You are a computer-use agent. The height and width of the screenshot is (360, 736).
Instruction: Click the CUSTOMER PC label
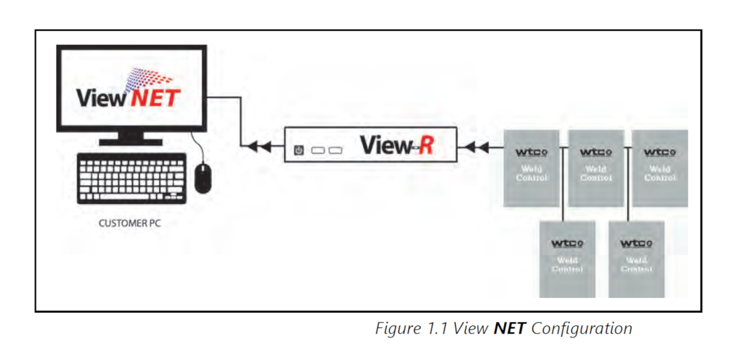[x=129, y=223]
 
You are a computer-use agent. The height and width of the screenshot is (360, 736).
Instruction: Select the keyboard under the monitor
[x=131, y=178]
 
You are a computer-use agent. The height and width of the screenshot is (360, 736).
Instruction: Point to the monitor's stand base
[x=131, y=141]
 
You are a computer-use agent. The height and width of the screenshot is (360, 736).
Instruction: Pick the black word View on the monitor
[x=101, y=98]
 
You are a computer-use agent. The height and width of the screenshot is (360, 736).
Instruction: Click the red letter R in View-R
[x=426, y=146]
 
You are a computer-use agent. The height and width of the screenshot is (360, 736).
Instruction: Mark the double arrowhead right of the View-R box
[x=477, y=148]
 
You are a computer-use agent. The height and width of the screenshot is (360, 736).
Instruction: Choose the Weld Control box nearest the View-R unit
[x=531, y=168]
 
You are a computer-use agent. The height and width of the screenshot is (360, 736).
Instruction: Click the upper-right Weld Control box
[x=659, y=168]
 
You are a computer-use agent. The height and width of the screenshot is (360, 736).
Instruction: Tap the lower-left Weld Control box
[x=567, y=259]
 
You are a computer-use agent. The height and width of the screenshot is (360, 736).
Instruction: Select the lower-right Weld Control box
[x=636, y=259]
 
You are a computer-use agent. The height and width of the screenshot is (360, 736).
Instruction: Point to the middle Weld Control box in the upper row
[x=595, y=168]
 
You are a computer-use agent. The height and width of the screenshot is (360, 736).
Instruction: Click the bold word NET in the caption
[x=509, y=329]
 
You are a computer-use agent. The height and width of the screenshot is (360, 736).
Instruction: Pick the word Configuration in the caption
[x=581, y=329]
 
